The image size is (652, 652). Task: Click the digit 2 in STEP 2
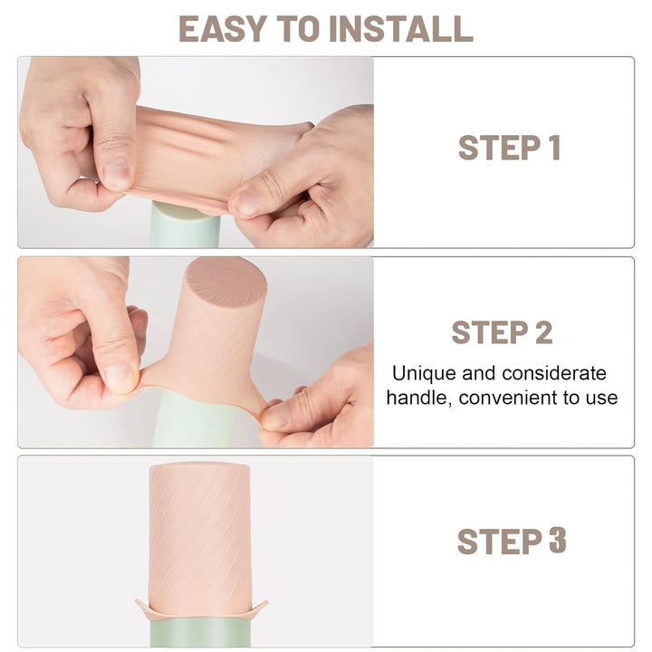click(542, 332)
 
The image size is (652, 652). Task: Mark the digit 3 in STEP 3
click(557, 542)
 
